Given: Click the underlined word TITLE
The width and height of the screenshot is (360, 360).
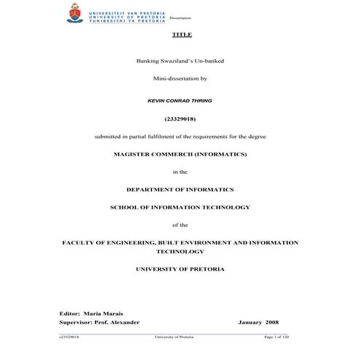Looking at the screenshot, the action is [x=180, y=36].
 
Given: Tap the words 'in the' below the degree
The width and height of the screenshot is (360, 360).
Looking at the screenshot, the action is [x=180, y=172].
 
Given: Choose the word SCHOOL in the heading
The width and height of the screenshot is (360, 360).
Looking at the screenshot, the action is [x=125, y=207].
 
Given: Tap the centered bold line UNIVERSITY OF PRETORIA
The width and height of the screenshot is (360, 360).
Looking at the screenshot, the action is [x=180, y=269].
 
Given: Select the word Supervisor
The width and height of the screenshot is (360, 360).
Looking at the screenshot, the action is [x=75, y=321].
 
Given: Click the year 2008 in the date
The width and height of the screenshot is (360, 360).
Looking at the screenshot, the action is [x=271, y=321].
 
